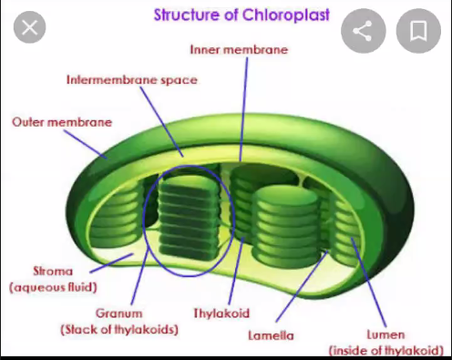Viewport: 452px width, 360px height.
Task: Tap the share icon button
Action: tap(363, 33)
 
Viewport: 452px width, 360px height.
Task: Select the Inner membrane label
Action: tap(239, 49)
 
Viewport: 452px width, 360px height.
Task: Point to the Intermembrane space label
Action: tap(131, 79)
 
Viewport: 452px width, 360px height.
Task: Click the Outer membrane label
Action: tap(62, 121)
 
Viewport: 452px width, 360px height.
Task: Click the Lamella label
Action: tap(271, 335)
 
